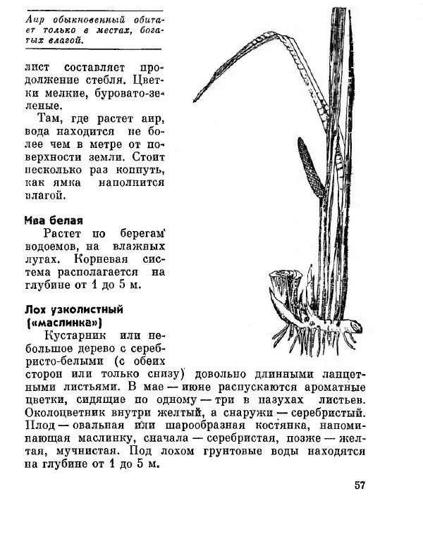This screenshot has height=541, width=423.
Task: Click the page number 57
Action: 360,485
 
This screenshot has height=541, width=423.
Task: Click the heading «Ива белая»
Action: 54,220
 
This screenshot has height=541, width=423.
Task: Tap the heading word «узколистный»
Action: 87,309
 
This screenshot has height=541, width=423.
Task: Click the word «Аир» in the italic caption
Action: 34,19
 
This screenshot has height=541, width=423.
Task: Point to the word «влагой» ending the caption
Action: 68,41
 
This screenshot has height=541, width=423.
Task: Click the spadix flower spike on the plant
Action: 310,167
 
